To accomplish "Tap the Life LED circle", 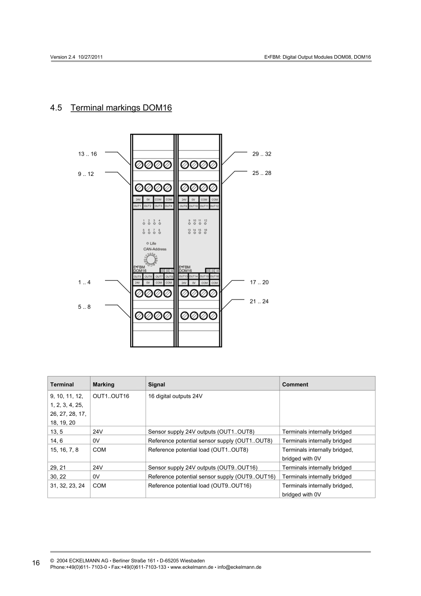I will point(147,243).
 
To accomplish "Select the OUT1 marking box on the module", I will point(137,206).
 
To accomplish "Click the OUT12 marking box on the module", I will point(215,206).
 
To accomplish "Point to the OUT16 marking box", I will point(215,276).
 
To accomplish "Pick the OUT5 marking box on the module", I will point(137,276).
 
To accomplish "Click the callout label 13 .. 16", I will point(87,154).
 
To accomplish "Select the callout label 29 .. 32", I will point(262,154).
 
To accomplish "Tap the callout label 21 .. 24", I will point(259,301).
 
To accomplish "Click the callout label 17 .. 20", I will point(259,282).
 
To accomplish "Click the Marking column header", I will point(104,385).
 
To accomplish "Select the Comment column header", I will point(295,385).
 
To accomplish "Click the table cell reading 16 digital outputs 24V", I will point(175,396).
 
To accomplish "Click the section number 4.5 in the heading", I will point(56,108).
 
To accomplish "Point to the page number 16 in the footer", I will point(36,563).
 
